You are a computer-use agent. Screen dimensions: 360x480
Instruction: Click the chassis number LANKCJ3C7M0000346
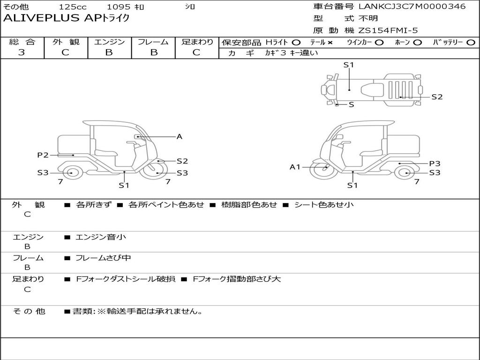pos(412,7)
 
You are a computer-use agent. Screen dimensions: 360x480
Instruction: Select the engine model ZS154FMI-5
pos(388,30)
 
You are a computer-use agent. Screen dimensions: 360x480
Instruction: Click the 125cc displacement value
pos(73,7)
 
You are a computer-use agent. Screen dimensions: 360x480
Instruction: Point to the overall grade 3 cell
pos(22,52)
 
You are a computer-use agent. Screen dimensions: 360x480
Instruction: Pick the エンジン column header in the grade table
pos(109,42)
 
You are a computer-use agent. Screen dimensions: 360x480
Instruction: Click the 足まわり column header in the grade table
pos(197,42)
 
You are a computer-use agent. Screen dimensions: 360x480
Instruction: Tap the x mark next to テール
pos(330,42)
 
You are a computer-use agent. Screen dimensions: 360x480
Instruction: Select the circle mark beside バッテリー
pos(471,42)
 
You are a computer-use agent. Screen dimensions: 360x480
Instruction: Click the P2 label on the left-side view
pos(43,155)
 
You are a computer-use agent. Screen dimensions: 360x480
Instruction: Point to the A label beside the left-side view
pos(179,136)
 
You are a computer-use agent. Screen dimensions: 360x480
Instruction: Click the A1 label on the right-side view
pos(294,166)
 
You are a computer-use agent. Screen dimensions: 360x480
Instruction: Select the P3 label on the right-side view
pos(435,163)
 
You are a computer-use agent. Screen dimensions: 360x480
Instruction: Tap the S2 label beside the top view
pos(437,97)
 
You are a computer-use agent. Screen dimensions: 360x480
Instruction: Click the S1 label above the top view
pos(348,65)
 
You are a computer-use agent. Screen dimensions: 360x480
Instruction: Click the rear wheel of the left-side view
pos(71,173)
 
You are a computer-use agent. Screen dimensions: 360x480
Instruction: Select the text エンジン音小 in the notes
pos(101,237)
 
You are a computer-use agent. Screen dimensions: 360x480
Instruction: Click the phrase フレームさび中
pos(103,258)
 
